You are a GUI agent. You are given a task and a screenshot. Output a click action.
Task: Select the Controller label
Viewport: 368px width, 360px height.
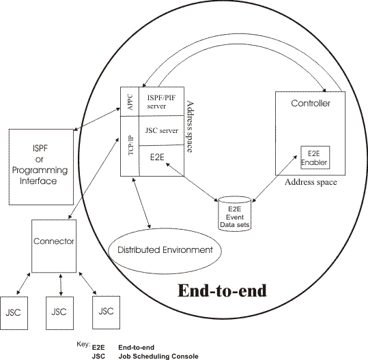coord(311,104)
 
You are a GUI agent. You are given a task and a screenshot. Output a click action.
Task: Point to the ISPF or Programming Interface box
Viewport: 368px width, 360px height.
coord(40,164)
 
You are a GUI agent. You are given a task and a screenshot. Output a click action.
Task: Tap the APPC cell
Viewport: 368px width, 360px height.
coord(129,100)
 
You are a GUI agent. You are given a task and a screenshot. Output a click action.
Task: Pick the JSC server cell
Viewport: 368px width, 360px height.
coord(162,130)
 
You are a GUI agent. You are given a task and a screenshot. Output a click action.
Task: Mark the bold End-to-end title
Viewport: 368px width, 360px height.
coord(222,290)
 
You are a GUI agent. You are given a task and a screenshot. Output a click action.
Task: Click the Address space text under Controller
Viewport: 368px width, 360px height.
coord(311,183)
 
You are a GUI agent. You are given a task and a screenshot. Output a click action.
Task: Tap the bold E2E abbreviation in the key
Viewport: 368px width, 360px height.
coord(98,346)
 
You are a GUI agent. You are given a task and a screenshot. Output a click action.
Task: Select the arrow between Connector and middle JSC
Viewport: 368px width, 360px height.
coord(62,282)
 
